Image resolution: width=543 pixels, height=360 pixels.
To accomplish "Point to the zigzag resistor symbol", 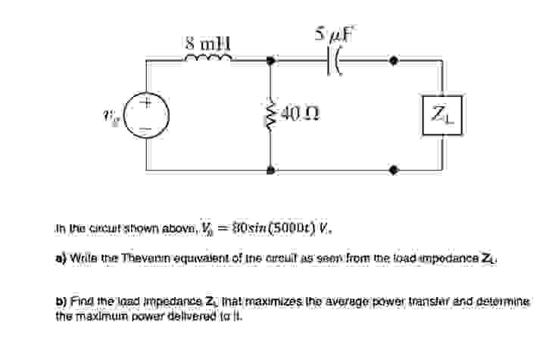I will [x=271, y=114].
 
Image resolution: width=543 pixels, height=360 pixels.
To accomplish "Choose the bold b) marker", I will [x=61, y=301].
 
